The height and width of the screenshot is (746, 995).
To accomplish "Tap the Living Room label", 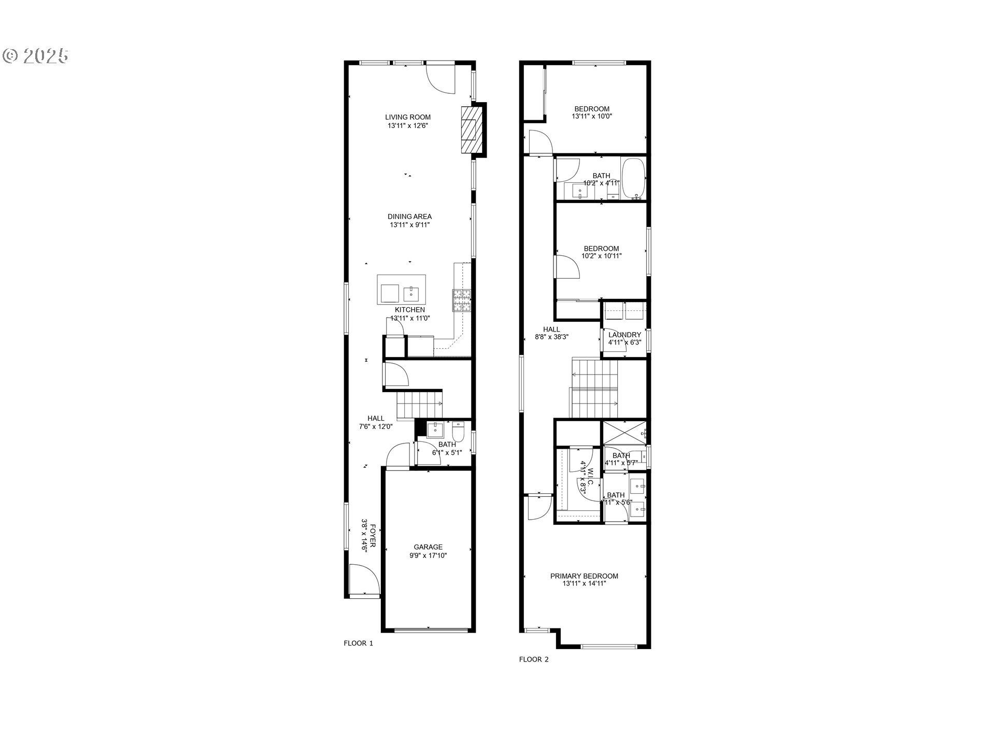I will coord(407,117).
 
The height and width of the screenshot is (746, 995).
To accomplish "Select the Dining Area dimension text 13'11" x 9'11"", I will coord(409,225).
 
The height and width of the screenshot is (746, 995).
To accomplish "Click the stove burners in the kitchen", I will coord(462,300).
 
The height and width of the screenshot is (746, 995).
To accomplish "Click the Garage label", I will coord(428,547).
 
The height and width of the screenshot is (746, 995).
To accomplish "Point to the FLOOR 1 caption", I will coord(358,643).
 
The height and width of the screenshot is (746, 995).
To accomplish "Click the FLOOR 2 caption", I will coord(533,659).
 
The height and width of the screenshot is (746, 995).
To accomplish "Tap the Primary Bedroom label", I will coord(584,576).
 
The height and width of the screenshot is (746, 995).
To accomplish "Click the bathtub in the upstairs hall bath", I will coord(633,179).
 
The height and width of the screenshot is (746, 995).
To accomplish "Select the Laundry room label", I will coord(624,335).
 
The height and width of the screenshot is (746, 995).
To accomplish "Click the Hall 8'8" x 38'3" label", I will coord(551,333).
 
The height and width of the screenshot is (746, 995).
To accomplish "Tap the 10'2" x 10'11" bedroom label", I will coord(601,252).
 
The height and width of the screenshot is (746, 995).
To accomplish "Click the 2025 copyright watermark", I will coord(36,55).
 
